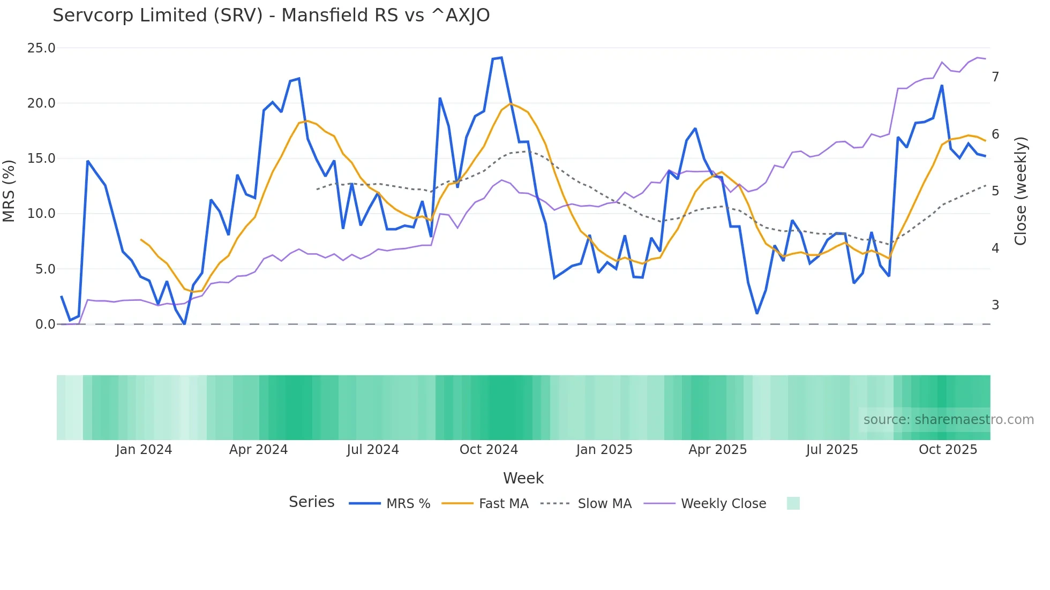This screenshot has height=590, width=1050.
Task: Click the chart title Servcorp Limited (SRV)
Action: [x=271, y=16]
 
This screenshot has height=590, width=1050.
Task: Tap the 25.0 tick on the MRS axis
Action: [x=41, y=48]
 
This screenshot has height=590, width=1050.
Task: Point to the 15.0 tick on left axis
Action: [x=41, y=158]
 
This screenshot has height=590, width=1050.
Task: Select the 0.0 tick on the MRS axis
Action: [x=45, y=324]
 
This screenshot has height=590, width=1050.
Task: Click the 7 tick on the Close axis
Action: [x=995, y=77]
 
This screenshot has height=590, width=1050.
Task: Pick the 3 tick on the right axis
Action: [x=995, y=305]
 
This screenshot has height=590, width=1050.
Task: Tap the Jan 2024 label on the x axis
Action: [x=144, y=450]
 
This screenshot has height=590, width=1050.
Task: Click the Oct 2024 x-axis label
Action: [x=489, y=450]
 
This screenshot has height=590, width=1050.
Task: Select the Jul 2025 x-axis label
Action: [x=832, y=450]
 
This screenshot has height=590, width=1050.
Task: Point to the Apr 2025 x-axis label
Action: [x=717, y=450]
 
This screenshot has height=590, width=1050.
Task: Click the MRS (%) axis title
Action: [x=9, y=191]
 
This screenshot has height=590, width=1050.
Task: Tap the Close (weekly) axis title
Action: [x=1021, y=191]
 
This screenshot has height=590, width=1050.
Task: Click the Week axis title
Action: [x=523, y=478]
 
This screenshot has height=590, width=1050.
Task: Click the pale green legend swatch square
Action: [x=793, y=503]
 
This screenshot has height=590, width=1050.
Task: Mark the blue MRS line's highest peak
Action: [x=501, y=58]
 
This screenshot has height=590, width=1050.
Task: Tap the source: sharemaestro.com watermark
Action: [x=948, y=420]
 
